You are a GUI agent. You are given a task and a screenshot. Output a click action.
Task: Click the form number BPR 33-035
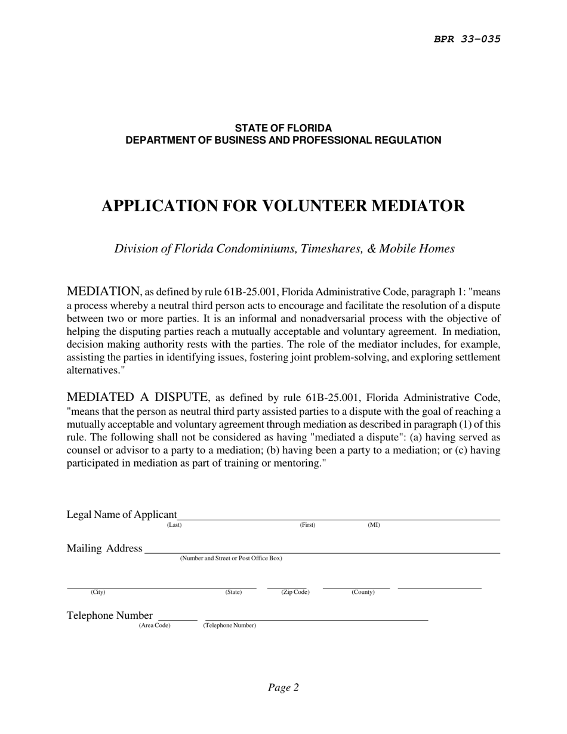click(x=467, y=39)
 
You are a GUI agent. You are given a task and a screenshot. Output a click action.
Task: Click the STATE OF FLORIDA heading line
click(x=283, y=128)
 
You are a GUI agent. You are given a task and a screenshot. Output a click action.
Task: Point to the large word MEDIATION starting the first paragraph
click(x=103, y=291)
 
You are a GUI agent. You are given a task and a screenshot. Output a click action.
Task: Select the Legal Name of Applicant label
click(x=122, y=514)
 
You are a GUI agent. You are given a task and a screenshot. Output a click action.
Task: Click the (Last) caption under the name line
click(x=174, y=525)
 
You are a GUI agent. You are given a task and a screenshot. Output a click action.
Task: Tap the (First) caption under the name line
click(x=307, y=525)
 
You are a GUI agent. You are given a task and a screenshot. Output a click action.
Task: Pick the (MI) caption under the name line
click(x=374, y=525)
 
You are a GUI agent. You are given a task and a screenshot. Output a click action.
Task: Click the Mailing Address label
click(x=104, y=548)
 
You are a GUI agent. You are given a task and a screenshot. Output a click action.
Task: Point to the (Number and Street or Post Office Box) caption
click(x=231, y=559)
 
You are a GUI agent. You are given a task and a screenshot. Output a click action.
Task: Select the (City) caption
click(x=98, y=593)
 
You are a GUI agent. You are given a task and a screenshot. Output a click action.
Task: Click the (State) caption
click(x=233, y=593)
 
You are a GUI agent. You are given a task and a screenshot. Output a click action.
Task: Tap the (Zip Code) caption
click(x=295, y=593)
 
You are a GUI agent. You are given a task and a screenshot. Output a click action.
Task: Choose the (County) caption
click(x=363, y=593)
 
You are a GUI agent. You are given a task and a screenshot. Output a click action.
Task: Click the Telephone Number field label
click(x=110, y=616)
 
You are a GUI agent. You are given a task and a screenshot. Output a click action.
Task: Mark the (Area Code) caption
click(x=155, y=625)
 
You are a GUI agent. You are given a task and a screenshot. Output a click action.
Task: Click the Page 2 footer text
click(x=283, y=687)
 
